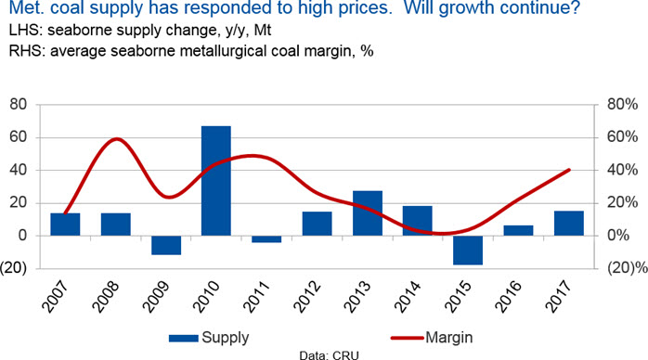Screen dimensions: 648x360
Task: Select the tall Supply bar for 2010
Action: tap(215, 181)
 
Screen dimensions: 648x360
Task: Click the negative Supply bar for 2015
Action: tap(468, 251)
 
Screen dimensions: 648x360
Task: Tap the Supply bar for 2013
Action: tap(368, 213)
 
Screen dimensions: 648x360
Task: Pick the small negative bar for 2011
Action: tap(266, 239)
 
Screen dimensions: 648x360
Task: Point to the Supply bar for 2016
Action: tap(518, 230)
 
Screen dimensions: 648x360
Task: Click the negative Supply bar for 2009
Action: tap(166, 245)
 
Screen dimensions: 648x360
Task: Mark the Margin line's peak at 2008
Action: tap(117, 139)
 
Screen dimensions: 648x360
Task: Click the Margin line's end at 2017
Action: tap(569, 170)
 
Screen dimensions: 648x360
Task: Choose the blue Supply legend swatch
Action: tap(184, 338)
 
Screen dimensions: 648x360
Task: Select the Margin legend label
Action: tap(448, 338)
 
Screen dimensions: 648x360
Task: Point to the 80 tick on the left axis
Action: tap(19, 105)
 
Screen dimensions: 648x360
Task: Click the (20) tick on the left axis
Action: tap(14, 268)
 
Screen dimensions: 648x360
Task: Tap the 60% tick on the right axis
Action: tap(623, 136)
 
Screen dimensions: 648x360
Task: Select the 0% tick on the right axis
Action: tap(618, 236)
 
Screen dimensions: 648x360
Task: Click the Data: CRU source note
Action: tap(329, 355)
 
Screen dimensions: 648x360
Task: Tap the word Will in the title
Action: tap(418, 7)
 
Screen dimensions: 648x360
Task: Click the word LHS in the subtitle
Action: tap(26, 30)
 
